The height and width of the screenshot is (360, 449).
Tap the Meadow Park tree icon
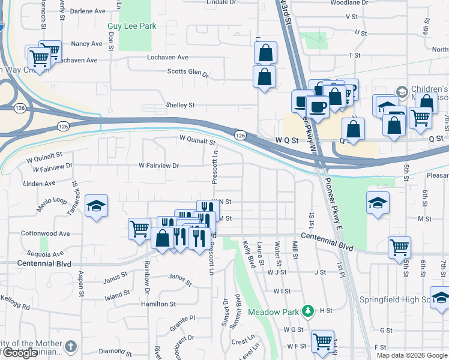pyautogui.click(x=308, y=310)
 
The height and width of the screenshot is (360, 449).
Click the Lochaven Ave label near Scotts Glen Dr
pyautogui.click(x=168, y=58)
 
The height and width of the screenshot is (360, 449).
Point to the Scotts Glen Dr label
pyautogui.click(x=187, y=73)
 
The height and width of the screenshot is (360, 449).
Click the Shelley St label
pyautogui.click(x=180, y=105)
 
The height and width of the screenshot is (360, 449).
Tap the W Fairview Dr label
pyautogui.click(x=159, y=165)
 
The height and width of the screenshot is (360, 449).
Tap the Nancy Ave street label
pyautogui.click(x=86, y=44)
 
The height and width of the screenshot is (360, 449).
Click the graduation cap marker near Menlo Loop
pyautogui.click(x=96, y=207)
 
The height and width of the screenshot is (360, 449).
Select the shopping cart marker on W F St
pyautogui.click(x=323, y=341)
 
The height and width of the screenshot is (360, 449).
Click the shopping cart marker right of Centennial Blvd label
pyautogui.click(x=399, y=247)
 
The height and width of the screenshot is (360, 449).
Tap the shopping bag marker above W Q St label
pyautogui.click(x=354, y=129)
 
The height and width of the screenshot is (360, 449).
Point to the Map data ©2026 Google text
pyautogui.click(x=411, y=355)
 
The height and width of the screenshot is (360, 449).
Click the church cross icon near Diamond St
pyautogui.click(x=71, y=346)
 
